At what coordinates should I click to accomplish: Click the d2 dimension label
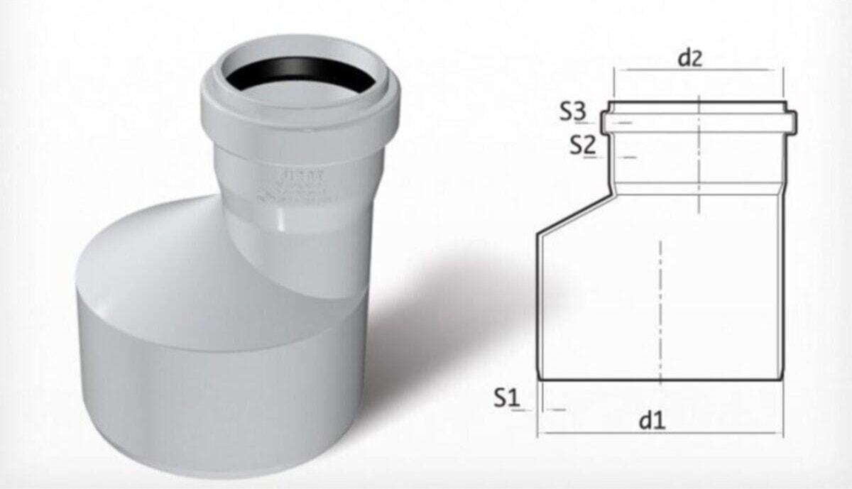coord(689,57)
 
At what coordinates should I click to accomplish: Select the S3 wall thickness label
coord(573,111)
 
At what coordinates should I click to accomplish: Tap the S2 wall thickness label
coord(581,145)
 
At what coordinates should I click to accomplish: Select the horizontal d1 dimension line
coord(660,433)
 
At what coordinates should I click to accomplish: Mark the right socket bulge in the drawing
coord(792,121)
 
